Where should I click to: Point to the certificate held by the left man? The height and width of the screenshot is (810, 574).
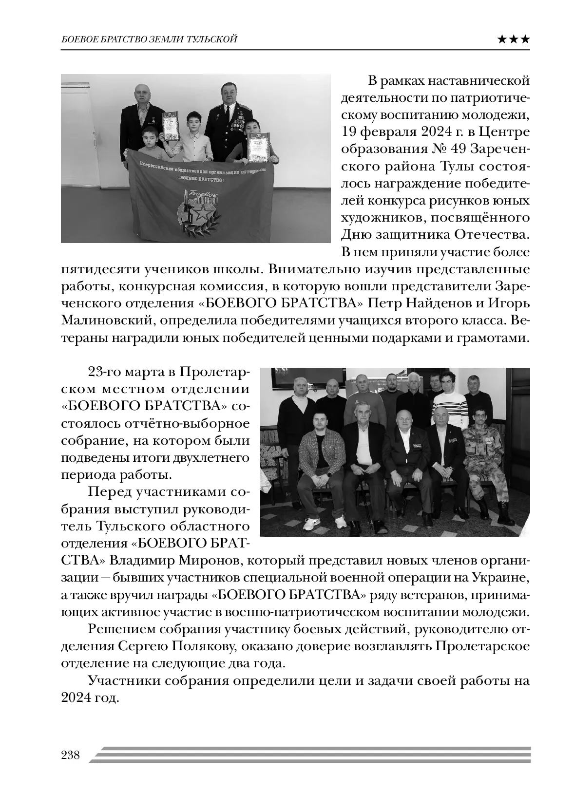(170, 125)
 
